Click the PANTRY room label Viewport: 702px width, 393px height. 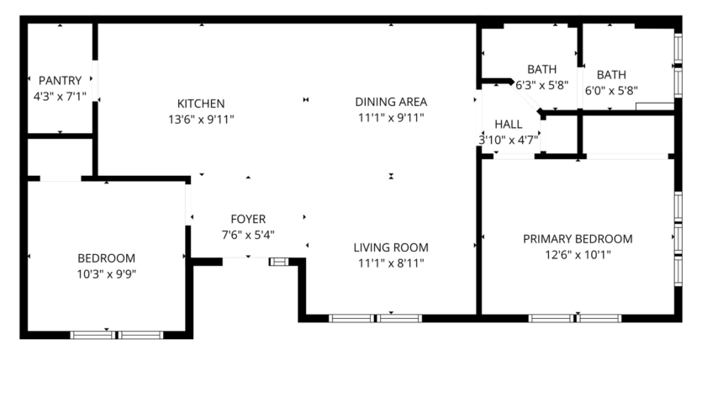click(60, 81)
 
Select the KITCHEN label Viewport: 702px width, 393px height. click(200, 104)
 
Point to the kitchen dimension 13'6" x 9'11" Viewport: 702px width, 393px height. click(200, 119)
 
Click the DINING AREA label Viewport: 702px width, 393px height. click(391, 102)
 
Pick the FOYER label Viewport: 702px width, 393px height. click(248, 220)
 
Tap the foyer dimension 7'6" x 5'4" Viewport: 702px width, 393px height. click(248, 235)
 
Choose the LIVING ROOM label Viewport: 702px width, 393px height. click(391, 247)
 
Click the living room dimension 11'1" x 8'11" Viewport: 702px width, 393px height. click(391, 263)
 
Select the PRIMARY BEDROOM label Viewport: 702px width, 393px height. click(578, 239)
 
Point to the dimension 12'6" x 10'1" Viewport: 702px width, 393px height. click(578, 254)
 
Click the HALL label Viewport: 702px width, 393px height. click(508, 124)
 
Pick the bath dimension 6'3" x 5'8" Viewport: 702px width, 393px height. click(542, 84)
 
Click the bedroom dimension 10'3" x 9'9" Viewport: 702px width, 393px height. click(107, 273)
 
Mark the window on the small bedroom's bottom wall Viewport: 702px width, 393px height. click(117, 335)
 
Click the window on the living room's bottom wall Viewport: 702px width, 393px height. click(375, 318)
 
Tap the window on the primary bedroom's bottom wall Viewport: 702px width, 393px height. click(575, 318)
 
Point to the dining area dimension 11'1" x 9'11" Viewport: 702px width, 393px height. click(391, 118)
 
